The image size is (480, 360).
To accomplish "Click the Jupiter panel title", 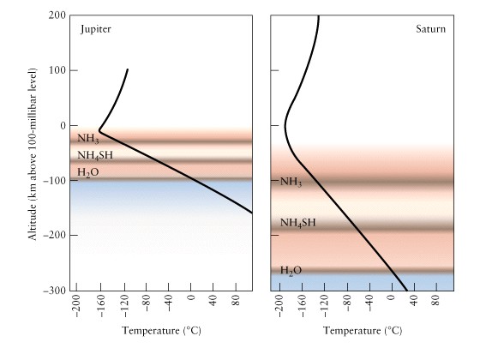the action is [95, 29].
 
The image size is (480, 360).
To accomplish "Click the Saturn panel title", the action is [430, 29].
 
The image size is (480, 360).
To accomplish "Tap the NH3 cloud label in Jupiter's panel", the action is [87, 138].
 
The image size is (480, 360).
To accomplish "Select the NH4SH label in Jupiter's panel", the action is [95, 155].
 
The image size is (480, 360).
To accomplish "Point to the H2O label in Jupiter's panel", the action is [87, 172].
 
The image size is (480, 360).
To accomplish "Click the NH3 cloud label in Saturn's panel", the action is [291, 182].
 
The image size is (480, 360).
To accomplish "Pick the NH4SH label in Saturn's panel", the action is [298, 223].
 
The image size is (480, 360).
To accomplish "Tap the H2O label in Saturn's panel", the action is [291, 270].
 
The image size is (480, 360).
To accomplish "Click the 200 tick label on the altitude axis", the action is [57, 15].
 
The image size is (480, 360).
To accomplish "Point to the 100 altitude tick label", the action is [57, 70].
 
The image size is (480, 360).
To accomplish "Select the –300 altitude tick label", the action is [55, 291].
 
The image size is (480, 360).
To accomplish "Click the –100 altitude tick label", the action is [55, 181].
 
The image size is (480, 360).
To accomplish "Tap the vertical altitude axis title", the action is [33, 154].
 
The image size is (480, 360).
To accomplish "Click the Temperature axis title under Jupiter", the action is [161, 331].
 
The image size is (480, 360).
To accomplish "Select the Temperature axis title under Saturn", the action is [363, 331].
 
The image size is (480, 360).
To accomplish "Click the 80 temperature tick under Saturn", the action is [436, 300].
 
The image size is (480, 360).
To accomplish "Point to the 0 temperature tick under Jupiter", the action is [190, 297].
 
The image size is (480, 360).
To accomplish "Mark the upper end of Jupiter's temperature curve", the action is [128, 69].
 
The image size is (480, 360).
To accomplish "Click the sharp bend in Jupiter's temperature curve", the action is [99, 131].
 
